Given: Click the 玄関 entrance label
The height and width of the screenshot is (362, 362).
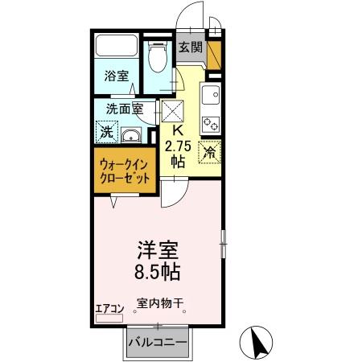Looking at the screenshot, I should [x=190, y=48].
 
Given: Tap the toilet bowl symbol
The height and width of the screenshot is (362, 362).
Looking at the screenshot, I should [x=157, y=57].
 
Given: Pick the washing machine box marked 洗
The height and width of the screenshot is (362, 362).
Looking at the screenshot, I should [x=107, y=130].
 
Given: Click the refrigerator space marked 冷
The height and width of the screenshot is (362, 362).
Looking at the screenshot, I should [x=209, y=150].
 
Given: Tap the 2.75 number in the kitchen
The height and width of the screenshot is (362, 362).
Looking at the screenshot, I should [x=179, y=146].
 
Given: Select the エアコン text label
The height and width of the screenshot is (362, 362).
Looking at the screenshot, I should [x=109, y=307].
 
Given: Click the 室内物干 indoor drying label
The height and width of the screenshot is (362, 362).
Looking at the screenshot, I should [x=160, y=304].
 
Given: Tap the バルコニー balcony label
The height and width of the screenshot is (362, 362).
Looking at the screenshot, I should [x=158, y=343].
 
